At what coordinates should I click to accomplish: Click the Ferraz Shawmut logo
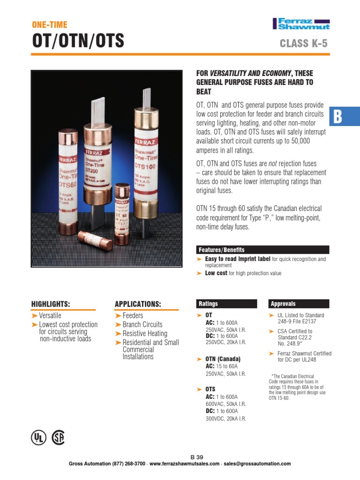pyautogui.click(x=301, y=24)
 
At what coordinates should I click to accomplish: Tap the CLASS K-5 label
pyautogui.click(x=303, y=45)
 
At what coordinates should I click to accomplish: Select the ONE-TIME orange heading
pyautogui.click(x=49, y=24)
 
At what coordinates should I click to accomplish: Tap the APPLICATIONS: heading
pyautogui.click(x=138, y=304)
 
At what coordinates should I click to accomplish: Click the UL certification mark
pyautogui.click(x=38, y=437)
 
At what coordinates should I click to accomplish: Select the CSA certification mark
pyautogui.click(x=58, y=437)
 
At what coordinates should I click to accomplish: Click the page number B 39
pyautogui.click(x=197, y=457)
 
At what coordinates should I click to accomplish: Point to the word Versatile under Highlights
pyautogui.click(x=50, y=315)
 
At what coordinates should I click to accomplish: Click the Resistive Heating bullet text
pyautogui.click(x=145, y=333)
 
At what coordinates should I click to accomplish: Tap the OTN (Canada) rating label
pyautogui.click(x=223, y=359)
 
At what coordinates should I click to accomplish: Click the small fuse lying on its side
pyautogui.click(x=95, y=240)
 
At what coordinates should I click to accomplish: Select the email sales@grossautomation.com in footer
pyautogui.click(x=258, y=464)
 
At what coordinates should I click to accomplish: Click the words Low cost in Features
pyautogui.click(x=216, y=273)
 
